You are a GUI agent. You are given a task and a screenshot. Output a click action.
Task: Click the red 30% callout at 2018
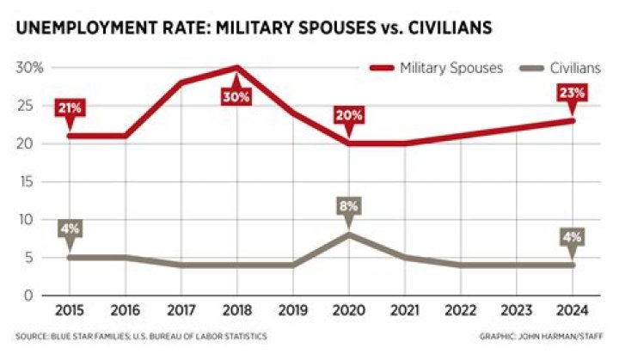click(x=236, y=96)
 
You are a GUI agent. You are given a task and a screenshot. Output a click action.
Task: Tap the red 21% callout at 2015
click(x=70, y=107)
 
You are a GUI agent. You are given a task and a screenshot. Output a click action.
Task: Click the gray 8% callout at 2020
click(x=348, y=207)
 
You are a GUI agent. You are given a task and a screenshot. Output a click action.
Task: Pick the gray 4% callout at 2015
click(x=70, y=229)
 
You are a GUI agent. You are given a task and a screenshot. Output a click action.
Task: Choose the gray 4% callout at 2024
click(x=573, y=237)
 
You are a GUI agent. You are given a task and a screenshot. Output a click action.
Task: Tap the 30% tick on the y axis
click(x=31, y=67)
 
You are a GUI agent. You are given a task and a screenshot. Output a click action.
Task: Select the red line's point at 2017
click(x=181, y=82)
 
